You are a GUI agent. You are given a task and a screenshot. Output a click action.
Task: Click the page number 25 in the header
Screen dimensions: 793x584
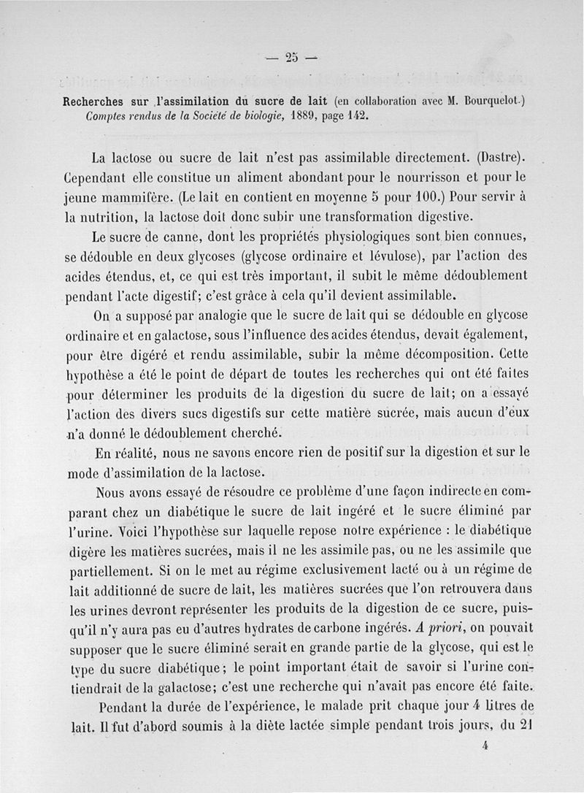pos(293,59)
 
